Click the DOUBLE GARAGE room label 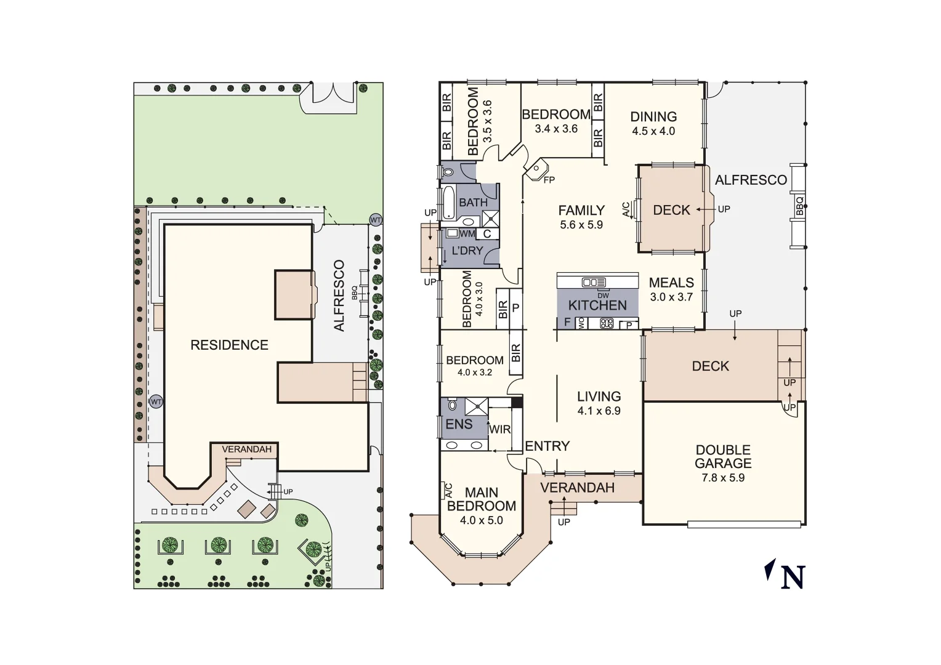click(723, 457)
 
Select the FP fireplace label click(549, 180)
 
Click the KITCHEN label click(597, 305)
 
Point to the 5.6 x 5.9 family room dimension click(581, 225)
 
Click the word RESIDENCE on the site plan click(229, 345)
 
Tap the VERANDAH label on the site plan click(246, 449)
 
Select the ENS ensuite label click(459, 424)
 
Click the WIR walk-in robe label click(499, 429)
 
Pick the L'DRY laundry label click(467, 251)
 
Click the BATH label click(473, 203)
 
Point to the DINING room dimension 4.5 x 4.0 click(653, 131)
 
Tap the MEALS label click(671, 283)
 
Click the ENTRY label click(547, 446)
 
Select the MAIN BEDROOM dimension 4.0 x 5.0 click(481, 520)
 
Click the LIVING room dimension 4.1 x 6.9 click(599, 411)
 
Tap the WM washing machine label click(467, 234)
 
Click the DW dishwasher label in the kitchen click(602, 296)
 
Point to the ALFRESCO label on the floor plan click(751, 180)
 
